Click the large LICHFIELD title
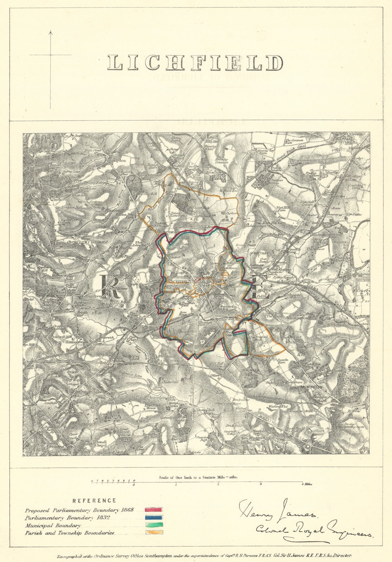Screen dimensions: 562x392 point(195,63)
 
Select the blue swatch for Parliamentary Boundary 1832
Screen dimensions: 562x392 point(154,517)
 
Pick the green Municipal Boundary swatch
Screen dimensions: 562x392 point(154,525)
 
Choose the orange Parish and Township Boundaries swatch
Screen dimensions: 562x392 point(154,533)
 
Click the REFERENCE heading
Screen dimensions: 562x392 point(94,501)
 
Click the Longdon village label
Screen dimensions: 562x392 point(118,160)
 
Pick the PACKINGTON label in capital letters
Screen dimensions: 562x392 point(311,386)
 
